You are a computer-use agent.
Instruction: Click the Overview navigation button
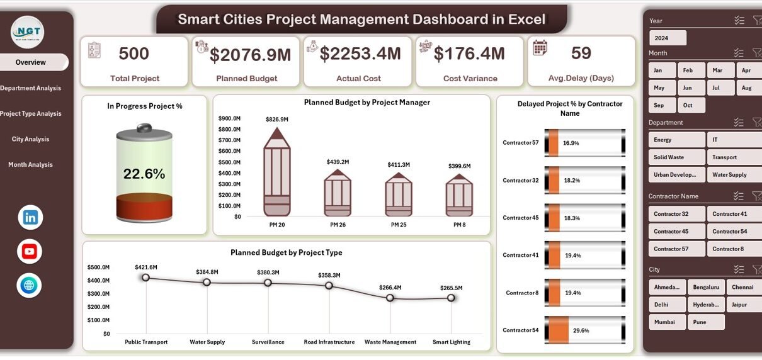(31, 62)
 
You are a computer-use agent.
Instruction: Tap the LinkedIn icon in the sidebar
(30, 218)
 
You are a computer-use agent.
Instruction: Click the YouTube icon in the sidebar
(30, 252)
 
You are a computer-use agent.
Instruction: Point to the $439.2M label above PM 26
(338, 162)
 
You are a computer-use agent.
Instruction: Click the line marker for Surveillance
(268, 283)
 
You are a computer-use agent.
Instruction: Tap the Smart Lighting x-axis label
(451, 342)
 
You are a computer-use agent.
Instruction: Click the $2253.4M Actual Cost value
(360, 54)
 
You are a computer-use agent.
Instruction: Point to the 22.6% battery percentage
(144, 174)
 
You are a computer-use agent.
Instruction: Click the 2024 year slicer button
(667, 38)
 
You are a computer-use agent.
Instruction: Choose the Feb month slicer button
(691, 70)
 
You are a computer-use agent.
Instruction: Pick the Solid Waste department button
(676, 157)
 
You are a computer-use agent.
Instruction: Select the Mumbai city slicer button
(667, 322)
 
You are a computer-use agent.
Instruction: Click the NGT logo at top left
(27, 31)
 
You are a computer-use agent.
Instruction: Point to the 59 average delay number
(581, 53)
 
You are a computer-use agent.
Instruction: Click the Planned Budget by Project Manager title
(367, 102)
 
